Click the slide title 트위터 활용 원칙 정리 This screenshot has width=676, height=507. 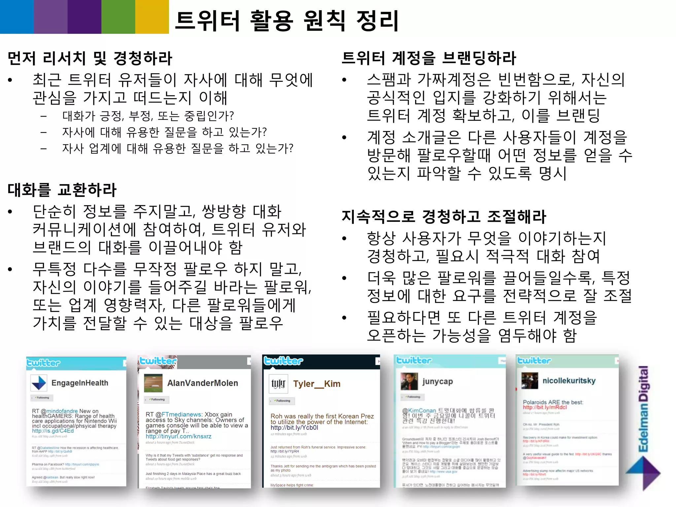pyautogui.click(x=287, y=20)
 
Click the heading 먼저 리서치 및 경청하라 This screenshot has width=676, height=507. pyautogui.click(x=90, y=58)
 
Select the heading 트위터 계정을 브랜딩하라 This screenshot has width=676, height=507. pyautogui.click(x=428, y=58)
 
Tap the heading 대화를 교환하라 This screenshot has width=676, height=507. pyautogui.click(x=62, y=190)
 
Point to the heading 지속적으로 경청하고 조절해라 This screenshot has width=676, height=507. pyautogui.click(x=444, y=217)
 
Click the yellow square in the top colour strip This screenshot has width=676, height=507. pyautogui.click(x=152, y=17)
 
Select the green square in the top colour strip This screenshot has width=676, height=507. pyautogui.click(x=118, y=17)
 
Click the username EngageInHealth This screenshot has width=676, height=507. pyautogui.click(x=80, y=383)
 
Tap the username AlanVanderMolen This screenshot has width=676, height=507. pyautogui.click(x=202, y=383)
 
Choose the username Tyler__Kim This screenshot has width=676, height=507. pyautogui.click(x=317, y=384)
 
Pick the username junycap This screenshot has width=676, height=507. pyautogui.click(x=437, y=382)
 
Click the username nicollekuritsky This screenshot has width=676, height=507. pyautogui.click(x=569, y=381)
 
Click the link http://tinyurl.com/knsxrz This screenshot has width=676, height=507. pyautogui.click(x=179, y=436)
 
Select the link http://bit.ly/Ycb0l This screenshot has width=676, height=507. pyautogui.click(x=294, y=427)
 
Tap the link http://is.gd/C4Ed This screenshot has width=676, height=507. pyautogui.click(x=53, y=431)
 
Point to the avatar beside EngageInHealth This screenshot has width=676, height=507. pyautogui.click(x=39, y=383)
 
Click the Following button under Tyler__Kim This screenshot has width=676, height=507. pyautogui.click(x=282, y=401)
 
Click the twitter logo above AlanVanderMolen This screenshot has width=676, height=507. pyautogui.click(x=157, y=361)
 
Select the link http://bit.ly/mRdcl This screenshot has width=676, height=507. pyautogui.click(x=545, y=407)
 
